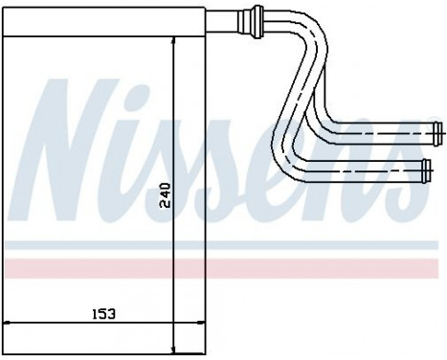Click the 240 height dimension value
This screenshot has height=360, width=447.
point(165,194)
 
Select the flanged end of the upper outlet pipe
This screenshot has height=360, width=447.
point(437,130)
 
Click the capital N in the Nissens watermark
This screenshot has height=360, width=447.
point(86,144)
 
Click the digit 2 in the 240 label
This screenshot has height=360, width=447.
point(165,204)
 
